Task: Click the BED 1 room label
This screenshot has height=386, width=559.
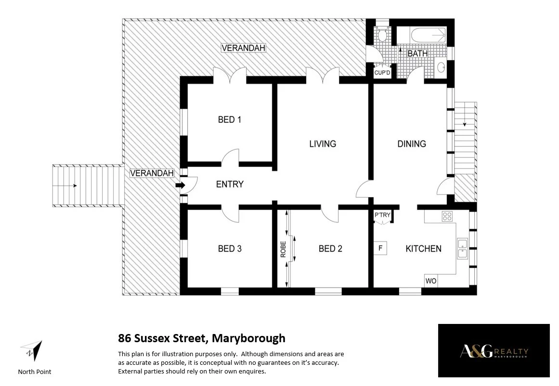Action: [230, 119]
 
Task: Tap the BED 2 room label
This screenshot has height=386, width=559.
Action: [330, 248]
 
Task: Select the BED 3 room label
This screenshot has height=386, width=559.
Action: [230, 248]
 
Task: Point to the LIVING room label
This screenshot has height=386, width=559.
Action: [323, 143]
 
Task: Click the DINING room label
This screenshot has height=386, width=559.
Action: [412, 143]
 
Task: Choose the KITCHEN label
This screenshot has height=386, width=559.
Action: [423, 248]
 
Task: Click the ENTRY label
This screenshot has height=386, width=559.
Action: [230, 184]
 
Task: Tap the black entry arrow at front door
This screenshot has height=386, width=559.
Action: [180, 185]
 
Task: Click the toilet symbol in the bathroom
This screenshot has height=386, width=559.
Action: [383, 34]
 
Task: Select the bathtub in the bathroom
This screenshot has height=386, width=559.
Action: [428, 35]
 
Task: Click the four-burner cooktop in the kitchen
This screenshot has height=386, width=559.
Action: [447, 217]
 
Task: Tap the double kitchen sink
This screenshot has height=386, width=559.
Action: [462, 249]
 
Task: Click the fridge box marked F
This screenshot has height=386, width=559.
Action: [380, 248]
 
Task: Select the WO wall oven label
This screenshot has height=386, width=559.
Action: [430, 281]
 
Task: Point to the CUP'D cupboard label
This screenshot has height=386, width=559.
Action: [382, 73]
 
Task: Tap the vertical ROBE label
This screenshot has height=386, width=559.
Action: [283, 249]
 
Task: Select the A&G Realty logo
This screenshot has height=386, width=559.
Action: [494, 351]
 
